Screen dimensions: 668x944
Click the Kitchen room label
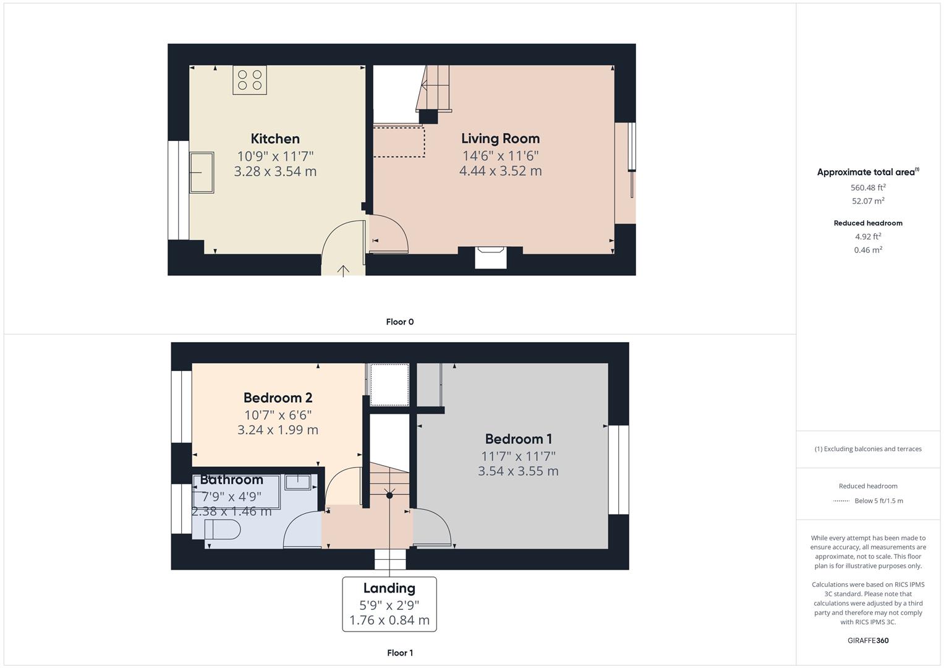tap(275, 139)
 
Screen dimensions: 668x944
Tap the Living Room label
tap(500, 139)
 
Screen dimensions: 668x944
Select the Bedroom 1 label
tap(518, 439)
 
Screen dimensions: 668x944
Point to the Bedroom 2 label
tap(278, 398)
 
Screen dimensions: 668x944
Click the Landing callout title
tap(389, 588)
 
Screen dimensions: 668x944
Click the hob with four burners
tap(250, 80)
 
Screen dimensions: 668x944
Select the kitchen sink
tap(202, 173)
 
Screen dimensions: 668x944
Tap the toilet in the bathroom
tap(222, 529)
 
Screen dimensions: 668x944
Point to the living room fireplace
tap(490, 257)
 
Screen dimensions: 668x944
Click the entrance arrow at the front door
tap(343, 270)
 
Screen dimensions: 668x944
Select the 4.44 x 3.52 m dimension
tap(500, 171)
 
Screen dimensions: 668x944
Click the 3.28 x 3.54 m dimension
tap(275, 171)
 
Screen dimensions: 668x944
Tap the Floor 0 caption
tap(399, 322)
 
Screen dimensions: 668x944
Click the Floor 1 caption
tap(399, 653)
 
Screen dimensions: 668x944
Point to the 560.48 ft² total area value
tap(868, 187)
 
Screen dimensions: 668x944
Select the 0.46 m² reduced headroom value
tap(868, 250)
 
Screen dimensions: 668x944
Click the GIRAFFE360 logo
tap(868, 640)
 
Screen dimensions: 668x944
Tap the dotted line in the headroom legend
tap(841, 501)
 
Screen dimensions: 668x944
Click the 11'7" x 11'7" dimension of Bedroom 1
tap(518, 456)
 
